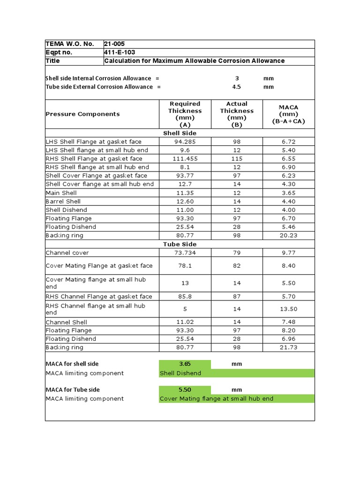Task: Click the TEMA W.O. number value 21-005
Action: click(115, 44)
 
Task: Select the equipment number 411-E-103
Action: click(120, 52)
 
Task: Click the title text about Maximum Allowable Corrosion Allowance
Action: click(194, 61)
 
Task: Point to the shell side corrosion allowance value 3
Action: click(237, 78)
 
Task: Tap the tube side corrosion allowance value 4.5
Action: click(237, 87)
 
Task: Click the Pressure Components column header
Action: click(82, 114)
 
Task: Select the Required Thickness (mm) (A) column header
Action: click(185, 114)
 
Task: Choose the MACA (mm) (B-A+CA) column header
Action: click(288, 114)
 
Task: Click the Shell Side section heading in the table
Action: click(180, 133)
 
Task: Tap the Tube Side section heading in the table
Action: click(180, 244)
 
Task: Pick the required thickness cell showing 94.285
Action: click(185, 142)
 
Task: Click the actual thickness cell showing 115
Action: click(237, 158)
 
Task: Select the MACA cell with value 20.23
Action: click(288, 235)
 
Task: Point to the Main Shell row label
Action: click(61, 193)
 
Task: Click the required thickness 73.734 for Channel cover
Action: click(185, 253)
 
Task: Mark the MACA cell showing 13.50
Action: click(288, 309)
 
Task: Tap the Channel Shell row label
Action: click(66, 322)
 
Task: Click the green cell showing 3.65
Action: click(185, 364)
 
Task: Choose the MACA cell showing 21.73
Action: click(288, 347)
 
